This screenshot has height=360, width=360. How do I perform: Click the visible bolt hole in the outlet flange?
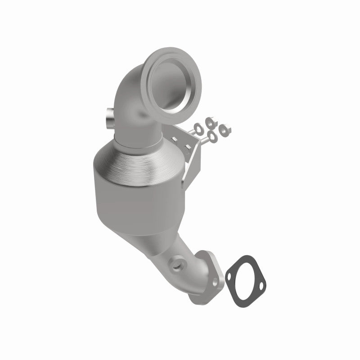tap(215, 281)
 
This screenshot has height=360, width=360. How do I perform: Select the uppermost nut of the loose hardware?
tap(209, 121)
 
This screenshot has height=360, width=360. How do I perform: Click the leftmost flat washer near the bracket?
tap(198, 127)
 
